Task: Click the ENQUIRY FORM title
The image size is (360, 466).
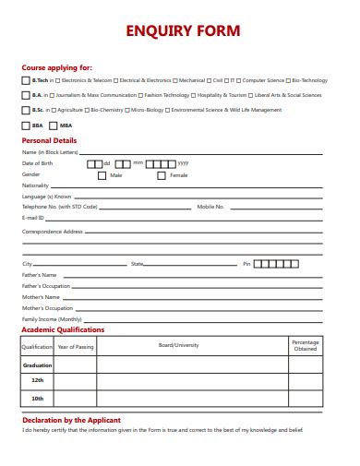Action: click(181, 30)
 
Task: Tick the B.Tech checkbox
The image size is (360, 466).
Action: click(25, 80)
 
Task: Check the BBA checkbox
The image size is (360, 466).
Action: click(25, 125)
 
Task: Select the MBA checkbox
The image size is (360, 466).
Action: click(54, 125)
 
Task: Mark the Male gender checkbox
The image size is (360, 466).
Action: click(102, 174)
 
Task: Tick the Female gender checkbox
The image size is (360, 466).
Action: click(162, 174)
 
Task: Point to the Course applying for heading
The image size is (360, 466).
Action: click(56, 67)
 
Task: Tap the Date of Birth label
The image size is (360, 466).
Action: click(38, 163)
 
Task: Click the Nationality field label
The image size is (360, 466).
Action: click(35, 185)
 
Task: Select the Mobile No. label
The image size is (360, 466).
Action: click(210, 208)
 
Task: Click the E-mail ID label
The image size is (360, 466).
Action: click(33, 219)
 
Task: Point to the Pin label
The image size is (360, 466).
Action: click(246, 264)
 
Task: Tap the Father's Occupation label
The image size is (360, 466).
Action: click(45, 286)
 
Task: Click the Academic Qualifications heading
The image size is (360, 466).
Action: click(63, 329)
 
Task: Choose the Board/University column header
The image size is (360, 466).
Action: click(178, 345)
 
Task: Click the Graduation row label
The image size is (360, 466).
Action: click(37, 365)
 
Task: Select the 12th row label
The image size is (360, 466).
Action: click(37, 380)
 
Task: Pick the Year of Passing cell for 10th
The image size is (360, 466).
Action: click(76, 398)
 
